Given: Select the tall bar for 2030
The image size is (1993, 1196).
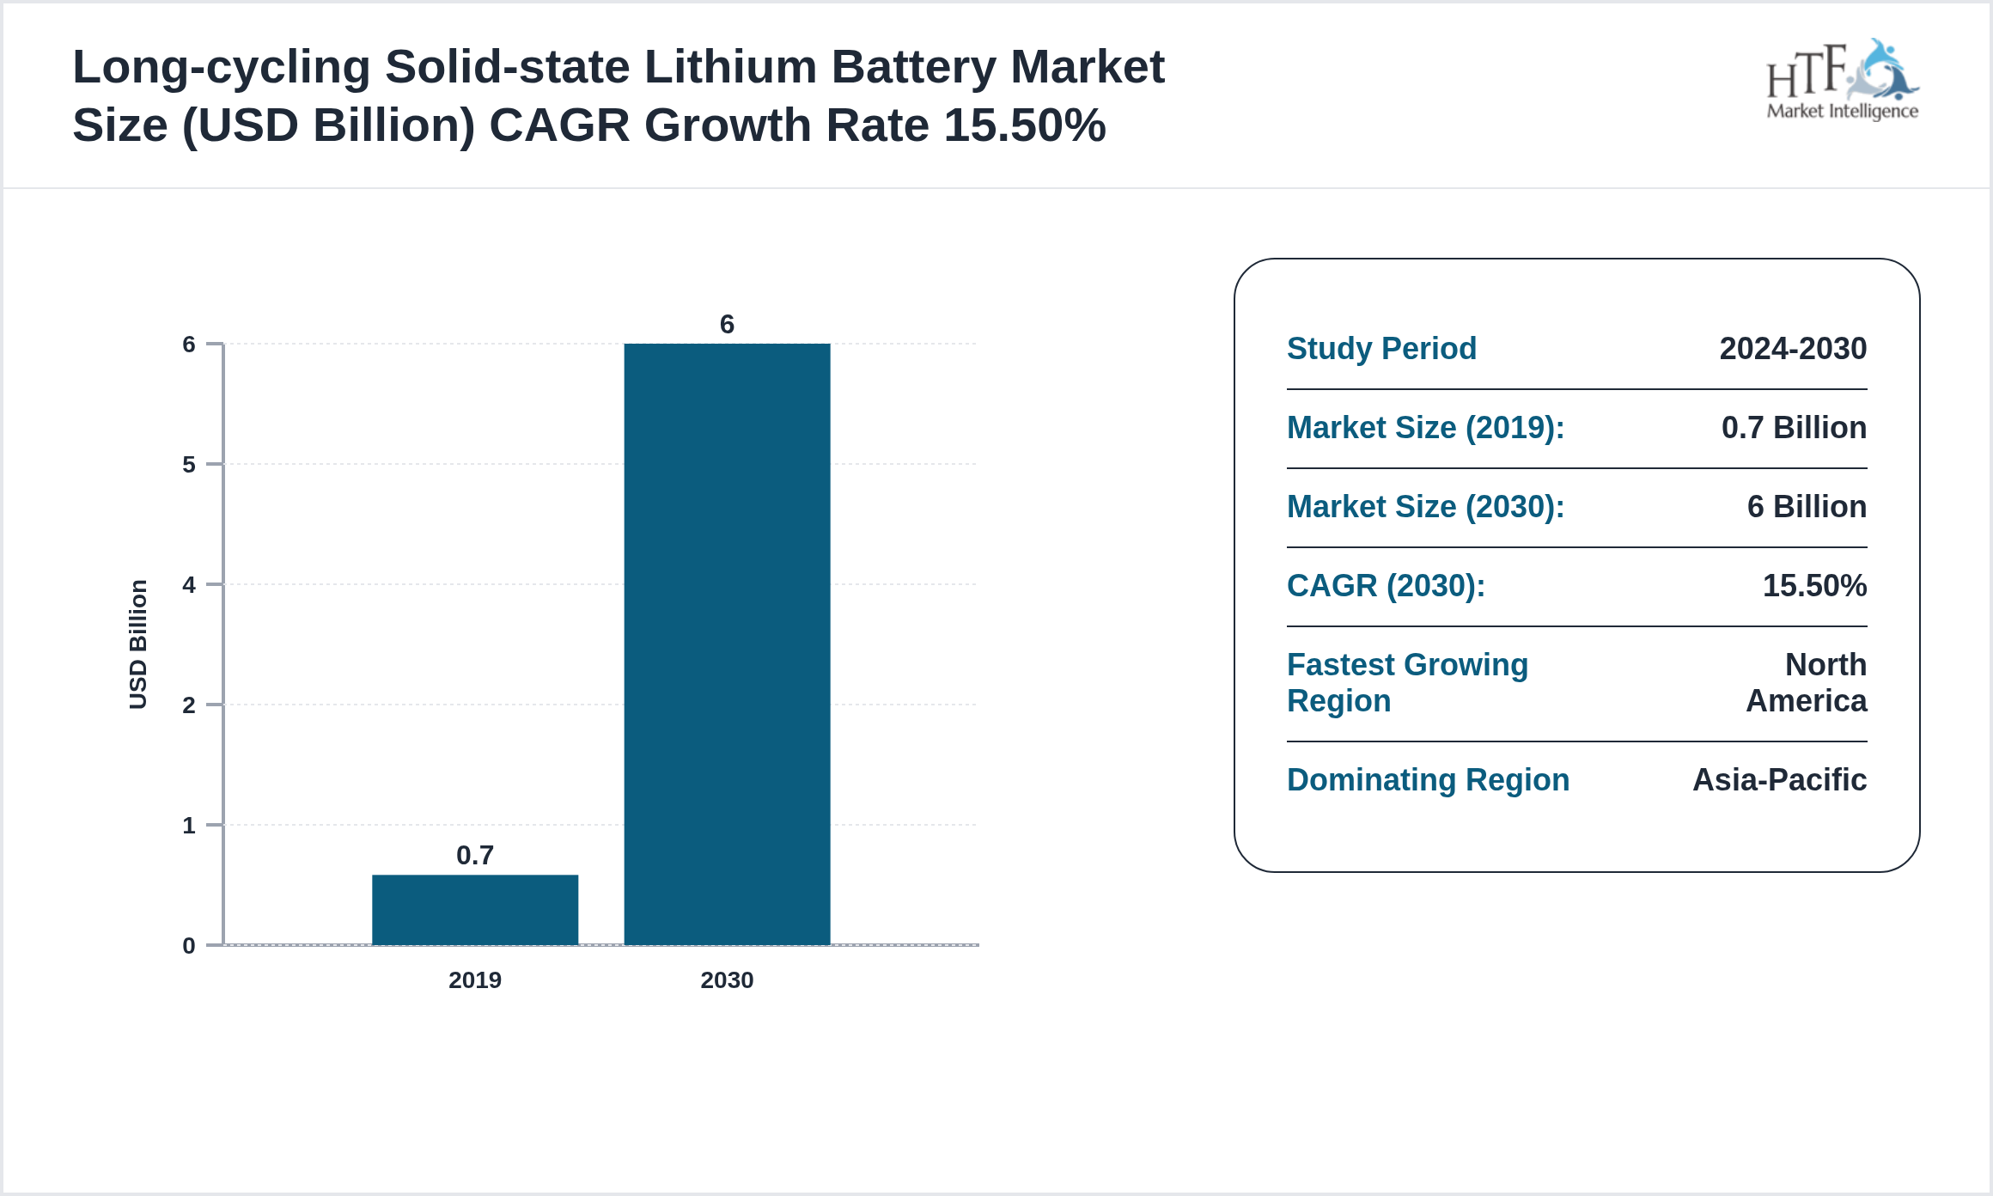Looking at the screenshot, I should coord(727,644).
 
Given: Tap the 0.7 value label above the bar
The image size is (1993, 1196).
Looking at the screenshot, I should coord(474,855).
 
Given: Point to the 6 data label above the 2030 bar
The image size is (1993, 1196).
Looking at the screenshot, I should coord(727,324).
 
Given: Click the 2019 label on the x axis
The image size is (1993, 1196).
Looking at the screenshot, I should coord(474,979).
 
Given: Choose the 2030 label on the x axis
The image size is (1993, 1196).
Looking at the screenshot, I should coord(727,979).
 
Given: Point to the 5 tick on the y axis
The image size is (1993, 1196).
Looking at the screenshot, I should coord(189,465).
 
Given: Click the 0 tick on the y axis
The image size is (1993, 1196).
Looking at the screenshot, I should coord(189,946).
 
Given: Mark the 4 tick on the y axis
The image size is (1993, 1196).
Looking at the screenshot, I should coord(189,585).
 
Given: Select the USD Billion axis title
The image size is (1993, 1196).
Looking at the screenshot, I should coord(138,644).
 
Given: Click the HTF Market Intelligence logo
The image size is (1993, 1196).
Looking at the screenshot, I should coord(1842,81).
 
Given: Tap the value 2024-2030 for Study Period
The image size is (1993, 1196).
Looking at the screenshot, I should coord(1792,349).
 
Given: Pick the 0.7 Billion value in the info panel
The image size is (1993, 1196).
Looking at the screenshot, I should coord(1793,428).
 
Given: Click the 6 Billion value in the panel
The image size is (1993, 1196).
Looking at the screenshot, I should coord(1806,507).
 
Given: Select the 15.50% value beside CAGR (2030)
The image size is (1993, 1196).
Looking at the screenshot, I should coord(1813,586).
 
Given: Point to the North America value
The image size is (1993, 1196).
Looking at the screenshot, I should coord(1806,683).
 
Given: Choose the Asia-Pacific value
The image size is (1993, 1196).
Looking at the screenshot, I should coord(1778,780).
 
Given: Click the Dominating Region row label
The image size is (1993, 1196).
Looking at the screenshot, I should coord(1428,780).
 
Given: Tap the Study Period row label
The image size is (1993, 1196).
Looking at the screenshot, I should coord(1381,349).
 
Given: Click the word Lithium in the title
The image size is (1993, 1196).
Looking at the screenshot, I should coord(730,67).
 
